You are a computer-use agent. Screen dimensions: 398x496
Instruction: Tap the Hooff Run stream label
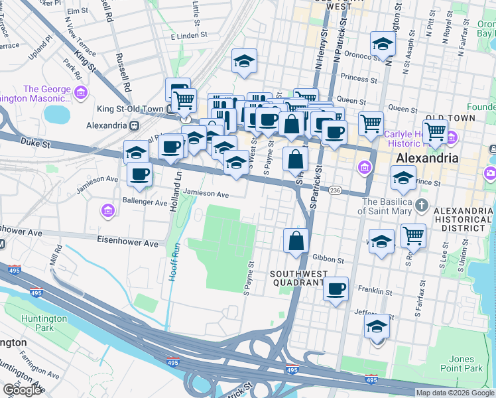(173, 259)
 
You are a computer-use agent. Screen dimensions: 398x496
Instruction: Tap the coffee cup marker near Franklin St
(336, 289)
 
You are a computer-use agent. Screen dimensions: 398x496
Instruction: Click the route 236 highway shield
(336, 190)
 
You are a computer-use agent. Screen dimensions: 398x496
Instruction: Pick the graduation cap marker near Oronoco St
(383, 44)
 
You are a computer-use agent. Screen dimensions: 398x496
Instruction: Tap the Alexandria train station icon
(135, 125)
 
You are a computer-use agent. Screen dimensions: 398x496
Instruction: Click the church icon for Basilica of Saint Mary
(421, 206)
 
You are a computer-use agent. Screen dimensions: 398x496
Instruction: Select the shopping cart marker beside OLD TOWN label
(435, 131)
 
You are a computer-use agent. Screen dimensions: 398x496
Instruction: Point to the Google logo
(22, 390)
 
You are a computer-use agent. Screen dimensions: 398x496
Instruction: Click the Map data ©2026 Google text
(455, 393)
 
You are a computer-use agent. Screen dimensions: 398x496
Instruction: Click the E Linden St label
(189, 34)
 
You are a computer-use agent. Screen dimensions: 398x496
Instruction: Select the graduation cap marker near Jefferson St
(377, 326)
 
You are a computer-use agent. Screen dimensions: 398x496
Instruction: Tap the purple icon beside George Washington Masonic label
(81, 90)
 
